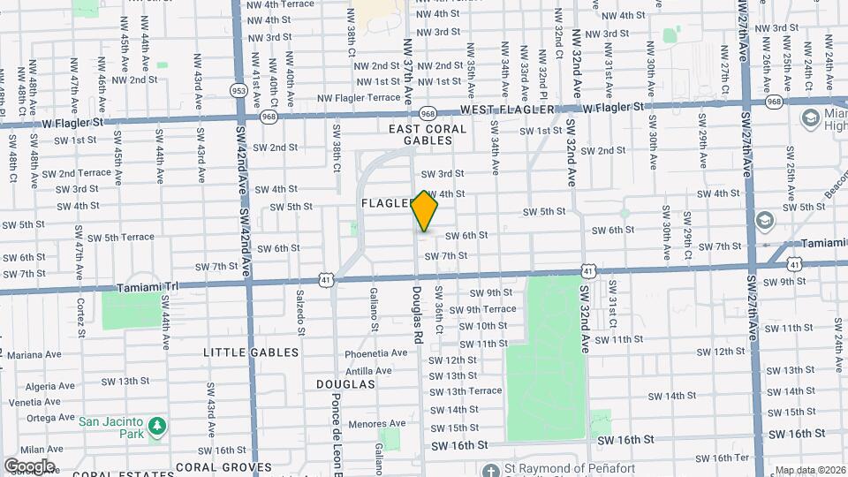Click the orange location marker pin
click(425, 212)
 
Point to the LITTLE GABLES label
click(251, 352)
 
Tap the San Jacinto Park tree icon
click(157, 428)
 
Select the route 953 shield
click(238, 90)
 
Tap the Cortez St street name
click(81, 316)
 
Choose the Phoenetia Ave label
click(376, 353)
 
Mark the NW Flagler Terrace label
click(359, 98)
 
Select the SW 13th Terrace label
click(465, 391)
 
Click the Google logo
click(29, 466)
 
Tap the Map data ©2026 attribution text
click(810, 470)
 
